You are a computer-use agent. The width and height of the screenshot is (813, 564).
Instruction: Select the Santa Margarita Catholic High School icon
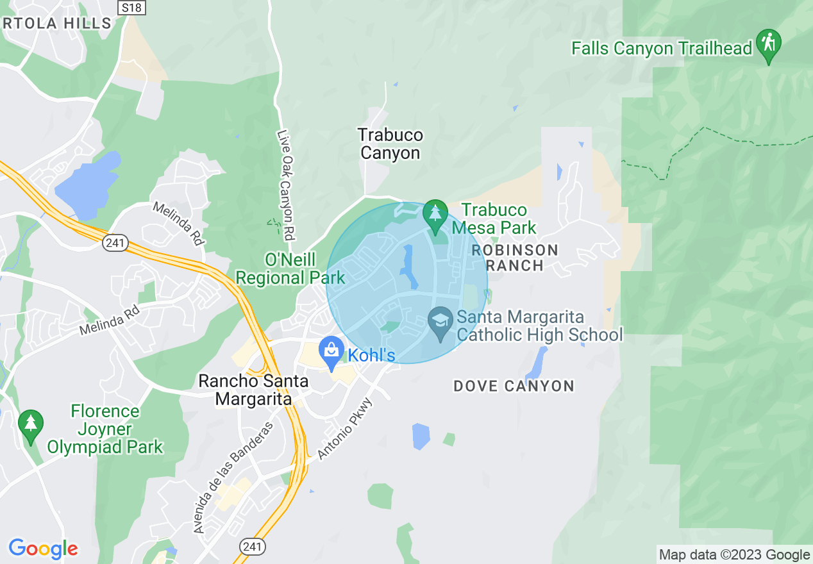tap(440, 324)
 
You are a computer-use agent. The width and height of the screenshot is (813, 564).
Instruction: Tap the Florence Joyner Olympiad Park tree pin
tap(30, 425)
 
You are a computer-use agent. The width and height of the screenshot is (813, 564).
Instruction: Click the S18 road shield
tap(132, 7)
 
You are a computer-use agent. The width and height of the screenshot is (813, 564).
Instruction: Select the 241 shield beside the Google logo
tap(253, 547)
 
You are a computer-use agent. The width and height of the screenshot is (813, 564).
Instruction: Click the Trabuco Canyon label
tap(390, 144)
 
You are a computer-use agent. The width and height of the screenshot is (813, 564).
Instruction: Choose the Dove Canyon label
tap(514, 386)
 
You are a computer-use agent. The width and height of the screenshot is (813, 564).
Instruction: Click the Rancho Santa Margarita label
tap(253, 390)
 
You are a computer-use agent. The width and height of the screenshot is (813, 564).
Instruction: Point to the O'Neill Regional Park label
tap(290, 269)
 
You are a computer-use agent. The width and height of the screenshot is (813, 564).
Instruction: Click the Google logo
tap(43, 549)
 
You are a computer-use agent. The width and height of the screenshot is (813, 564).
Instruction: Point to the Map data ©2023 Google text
tap(735, 555)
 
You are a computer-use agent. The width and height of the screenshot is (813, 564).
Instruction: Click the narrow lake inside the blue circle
tap(409, 267)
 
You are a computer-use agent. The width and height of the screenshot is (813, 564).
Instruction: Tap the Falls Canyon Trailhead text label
tap(661, 49)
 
